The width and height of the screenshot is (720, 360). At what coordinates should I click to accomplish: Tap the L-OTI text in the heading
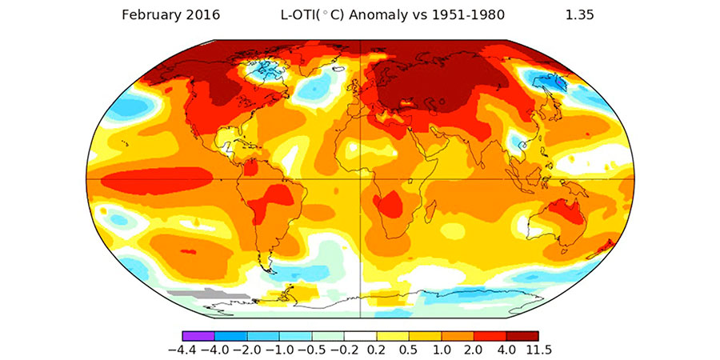pos(295,14)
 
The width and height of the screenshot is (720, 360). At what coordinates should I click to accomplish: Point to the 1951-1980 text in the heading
pos(466,14)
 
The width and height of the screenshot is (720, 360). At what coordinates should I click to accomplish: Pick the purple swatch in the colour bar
pos(198,336)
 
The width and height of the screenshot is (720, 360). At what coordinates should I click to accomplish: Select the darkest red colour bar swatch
pos(522,336)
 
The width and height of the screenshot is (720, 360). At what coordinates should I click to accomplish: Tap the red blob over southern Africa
pos(390,207)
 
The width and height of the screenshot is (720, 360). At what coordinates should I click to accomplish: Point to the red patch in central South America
pos(272,197)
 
